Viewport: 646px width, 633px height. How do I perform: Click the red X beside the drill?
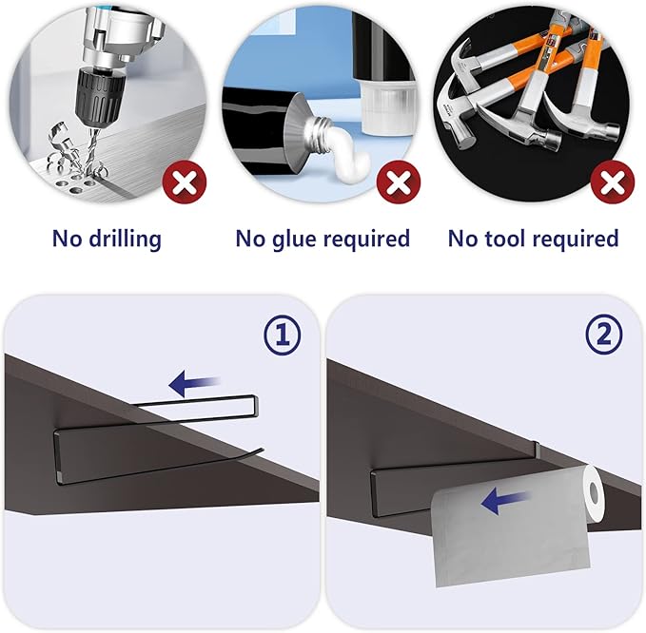tap(185, 182)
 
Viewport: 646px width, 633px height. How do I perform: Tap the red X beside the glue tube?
tap(399, 182)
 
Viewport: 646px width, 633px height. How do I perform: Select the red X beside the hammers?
tap(613, 182)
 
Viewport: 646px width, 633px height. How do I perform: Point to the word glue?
tap(293, 239)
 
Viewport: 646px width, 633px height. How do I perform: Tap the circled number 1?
tap(283, 335)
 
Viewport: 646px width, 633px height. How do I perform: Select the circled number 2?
tap(604, 335)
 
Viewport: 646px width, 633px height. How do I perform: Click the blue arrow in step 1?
tap(194, 383)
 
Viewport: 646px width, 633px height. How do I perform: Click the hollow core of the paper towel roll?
tap(595, 491)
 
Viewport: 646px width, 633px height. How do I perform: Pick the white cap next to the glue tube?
tap(386, 106)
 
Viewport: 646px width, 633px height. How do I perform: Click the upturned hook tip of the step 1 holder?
tap(261, 450)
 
